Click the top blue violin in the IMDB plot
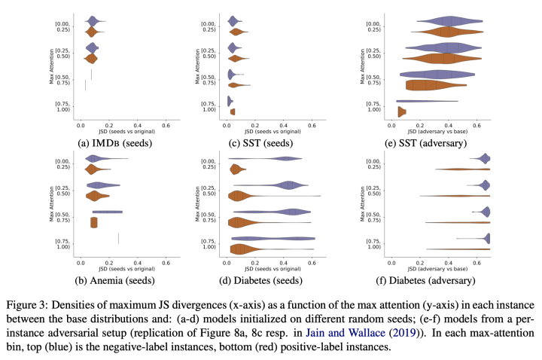point(93,21)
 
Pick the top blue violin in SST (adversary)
point(448,21)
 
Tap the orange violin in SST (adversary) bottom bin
point(402,112)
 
